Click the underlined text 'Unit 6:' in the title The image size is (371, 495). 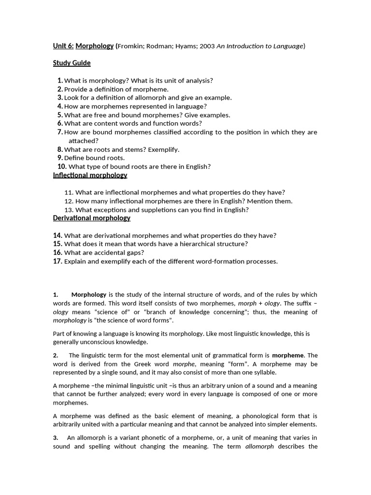(63, 46)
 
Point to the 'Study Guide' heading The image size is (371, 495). (71, 63)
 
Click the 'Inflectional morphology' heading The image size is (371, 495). (90, 175)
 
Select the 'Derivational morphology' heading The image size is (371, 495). (91, 218)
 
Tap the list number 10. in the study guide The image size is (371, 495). (61, 166)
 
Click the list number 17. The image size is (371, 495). (58, 261)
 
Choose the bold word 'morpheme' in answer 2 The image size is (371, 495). (288, 355)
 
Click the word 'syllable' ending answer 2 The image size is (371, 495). (264, 373)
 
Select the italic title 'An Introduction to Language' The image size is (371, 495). (259, 46)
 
